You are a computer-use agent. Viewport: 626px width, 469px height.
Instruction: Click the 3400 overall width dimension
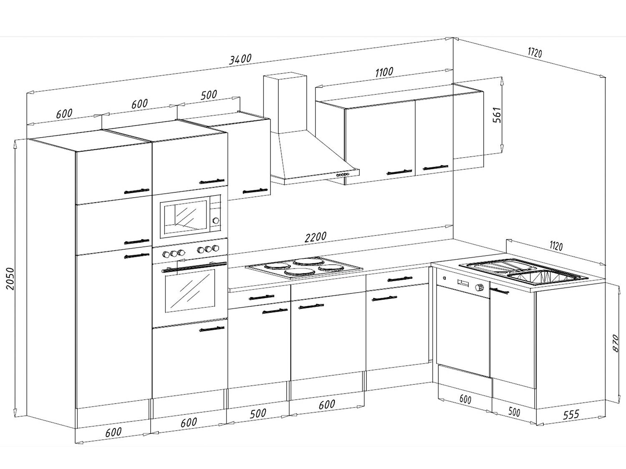tap(240, 59)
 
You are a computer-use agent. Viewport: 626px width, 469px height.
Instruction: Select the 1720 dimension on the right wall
tap(535, 53)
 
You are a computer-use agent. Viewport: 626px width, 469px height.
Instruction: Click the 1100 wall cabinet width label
tap(384, 72)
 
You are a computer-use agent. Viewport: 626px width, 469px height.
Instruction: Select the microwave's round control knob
tap(216, 221)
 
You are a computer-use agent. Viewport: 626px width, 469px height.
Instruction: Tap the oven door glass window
tap(189, 290)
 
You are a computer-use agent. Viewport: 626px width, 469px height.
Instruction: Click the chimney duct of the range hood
tap(285, 103)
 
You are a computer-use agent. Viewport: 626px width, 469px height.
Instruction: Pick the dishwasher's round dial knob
tap(480, 287)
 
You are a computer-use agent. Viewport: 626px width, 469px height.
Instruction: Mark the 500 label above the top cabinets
tap(209, 95)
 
